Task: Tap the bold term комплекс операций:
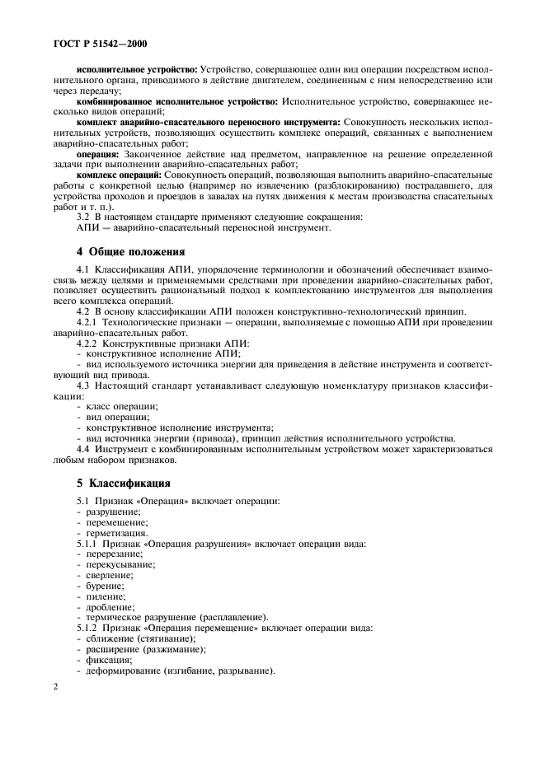coord(120,175)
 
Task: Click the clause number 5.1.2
coord(88,628)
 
